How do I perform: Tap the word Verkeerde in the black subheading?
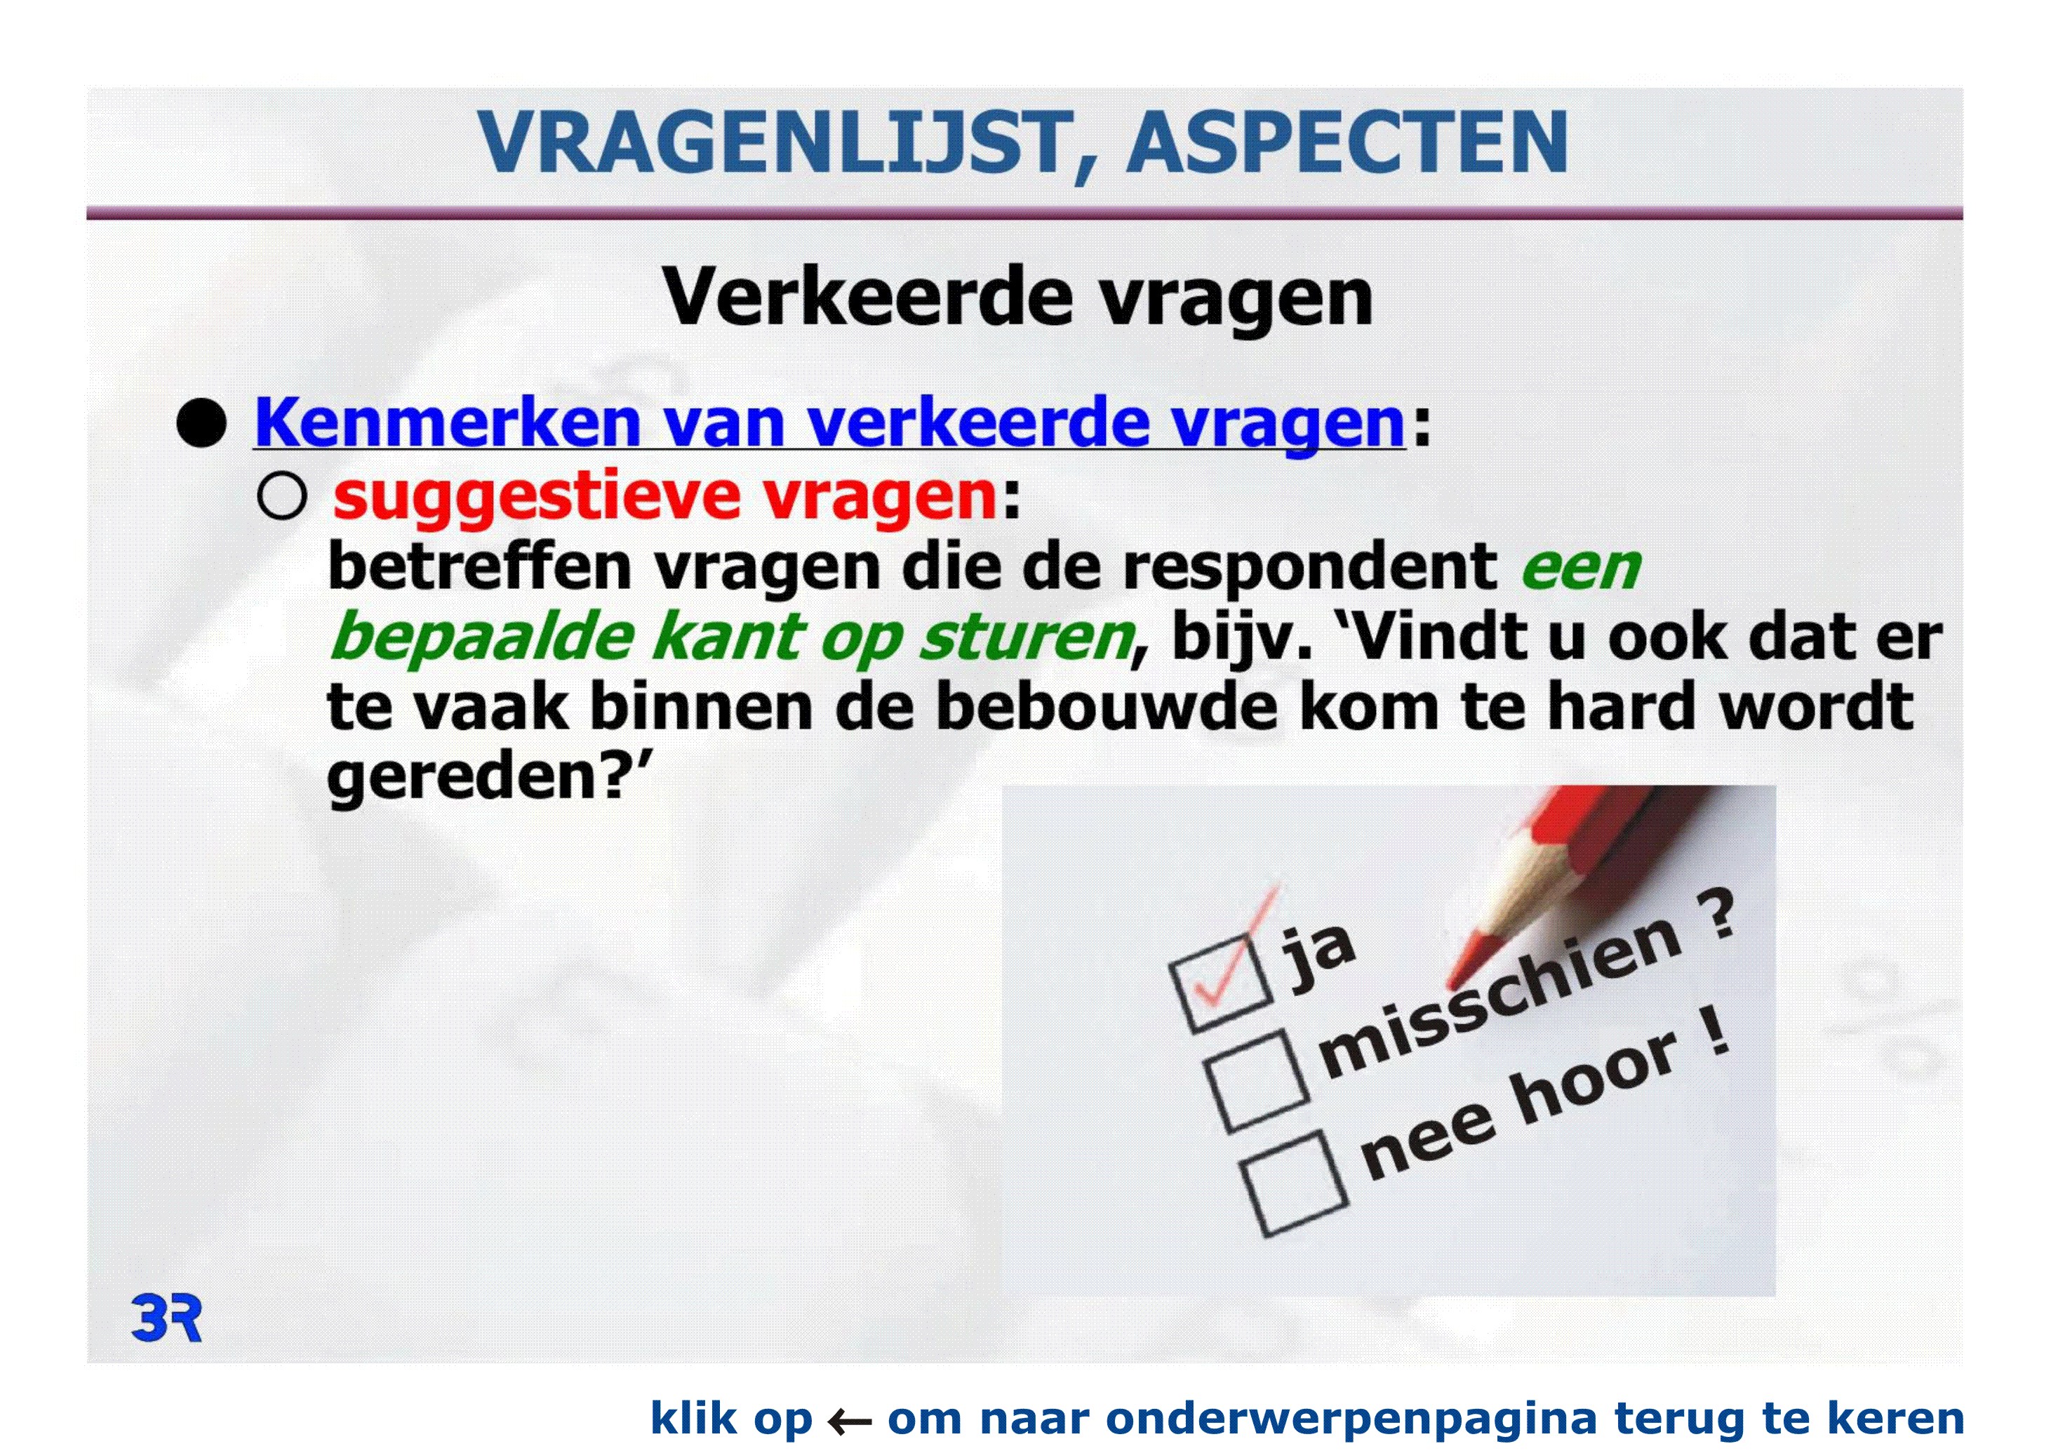point(867,298)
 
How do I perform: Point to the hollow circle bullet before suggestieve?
point(281,495)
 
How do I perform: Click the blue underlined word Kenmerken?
point(448,423)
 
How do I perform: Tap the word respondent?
point(1309,568)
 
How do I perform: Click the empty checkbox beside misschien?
point(1257,1082)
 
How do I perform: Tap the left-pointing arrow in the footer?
point(850,1419)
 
